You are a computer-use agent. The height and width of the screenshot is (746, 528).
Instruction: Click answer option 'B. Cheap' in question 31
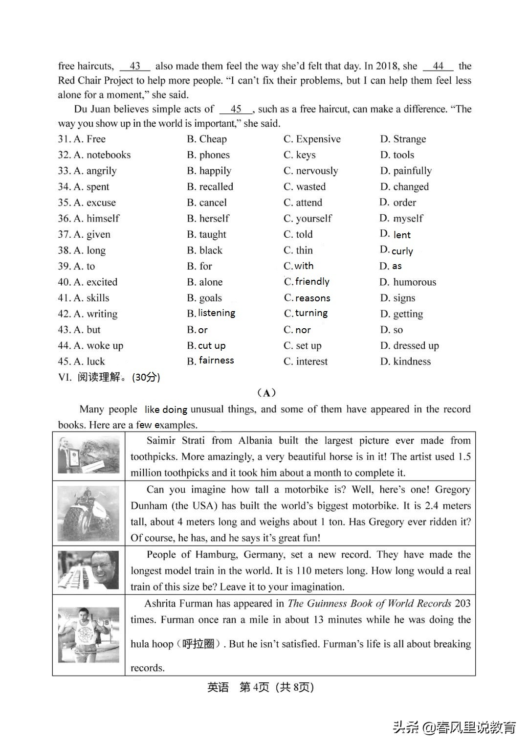click(x=207, y=139)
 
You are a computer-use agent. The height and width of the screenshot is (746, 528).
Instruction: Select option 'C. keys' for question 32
click(x=299, y=155)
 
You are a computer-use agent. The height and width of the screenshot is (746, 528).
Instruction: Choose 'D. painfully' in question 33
click(x=406, y=171)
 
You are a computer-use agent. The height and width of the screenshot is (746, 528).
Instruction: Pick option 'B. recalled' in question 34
click(x=210, y=187)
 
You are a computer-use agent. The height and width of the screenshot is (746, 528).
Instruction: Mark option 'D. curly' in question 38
click(x=396, y=250)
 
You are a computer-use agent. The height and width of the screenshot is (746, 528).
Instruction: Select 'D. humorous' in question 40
click(x=408, y=282)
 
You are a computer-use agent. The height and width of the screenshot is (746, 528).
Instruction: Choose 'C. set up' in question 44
click(x=302, y=346)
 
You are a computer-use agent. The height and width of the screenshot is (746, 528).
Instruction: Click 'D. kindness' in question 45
click(x=405, y=362)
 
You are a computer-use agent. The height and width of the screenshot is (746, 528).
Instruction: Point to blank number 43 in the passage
click(x=135, y=66)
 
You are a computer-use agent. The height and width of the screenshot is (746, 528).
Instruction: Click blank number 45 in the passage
click(x=236, y=109)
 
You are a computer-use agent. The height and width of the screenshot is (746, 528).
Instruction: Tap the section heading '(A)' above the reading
click(x=266, y=393)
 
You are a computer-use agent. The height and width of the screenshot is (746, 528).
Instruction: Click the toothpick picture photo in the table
click(x=88, y=456)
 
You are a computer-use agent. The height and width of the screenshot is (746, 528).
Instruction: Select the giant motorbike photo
click(x=88, y=513)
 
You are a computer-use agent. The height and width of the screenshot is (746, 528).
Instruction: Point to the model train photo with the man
click(x=88, y=570)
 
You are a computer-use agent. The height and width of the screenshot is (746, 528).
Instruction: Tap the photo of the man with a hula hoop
click(x=88, y=635)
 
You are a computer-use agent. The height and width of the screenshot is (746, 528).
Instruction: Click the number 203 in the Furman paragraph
click(x=462, y=604)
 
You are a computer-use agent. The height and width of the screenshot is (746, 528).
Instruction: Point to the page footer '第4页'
click(x=254, y=687)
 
